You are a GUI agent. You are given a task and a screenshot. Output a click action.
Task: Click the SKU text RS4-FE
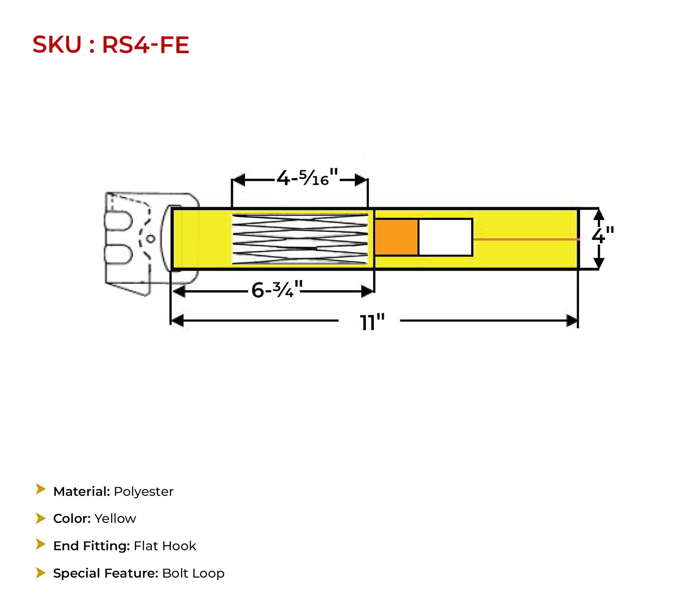pyautogui.click(x=145, y=45)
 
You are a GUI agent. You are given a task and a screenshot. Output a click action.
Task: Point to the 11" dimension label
pyautogui.click(x=372, y=322)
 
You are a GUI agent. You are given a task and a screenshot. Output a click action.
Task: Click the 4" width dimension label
pyautogui.click(x=603, y=235)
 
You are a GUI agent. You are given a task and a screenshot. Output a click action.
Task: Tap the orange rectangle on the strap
pyautogui.click(x=397, y=237)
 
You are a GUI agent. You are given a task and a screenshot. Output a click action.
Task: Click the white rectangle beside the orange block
pyautogui.click(x=445, y=237)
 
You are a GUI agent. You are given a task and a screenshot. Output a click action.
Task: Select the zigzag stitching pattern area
pyautogui.click(x=300, y=239)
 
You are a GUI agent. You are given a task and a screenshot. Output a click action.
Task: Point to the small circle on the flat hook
pyautogui.click(x=150, y=239)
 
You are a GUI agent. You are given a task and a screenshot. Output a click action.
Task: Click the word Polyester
pyautogui.click(x=144, y=491)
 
